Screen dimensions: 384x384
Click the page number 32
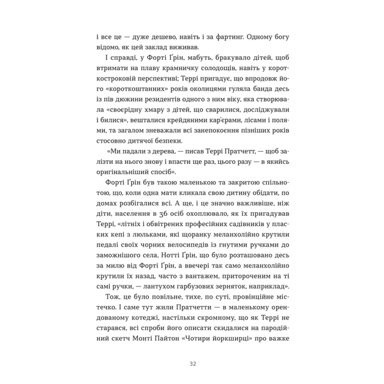pyautogui.click(x=192, y=364)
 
